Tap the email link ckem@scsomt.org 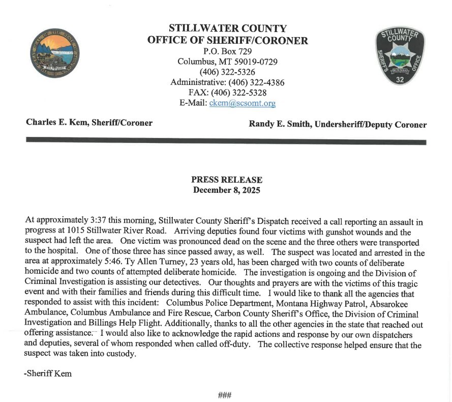(243, 103)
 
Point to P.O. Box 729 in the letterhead (227, 51)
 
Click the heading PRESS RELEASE (227, 180)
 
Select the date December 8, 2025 (227, 190)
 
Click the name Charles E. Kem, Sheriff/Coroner (89, 123)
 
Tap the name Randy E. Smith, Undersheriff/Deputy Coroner (338, 125)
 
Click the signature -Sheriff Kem (48, 374)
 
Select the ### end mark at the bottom (225, 395)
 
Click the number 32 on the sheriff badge (400, 79)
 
